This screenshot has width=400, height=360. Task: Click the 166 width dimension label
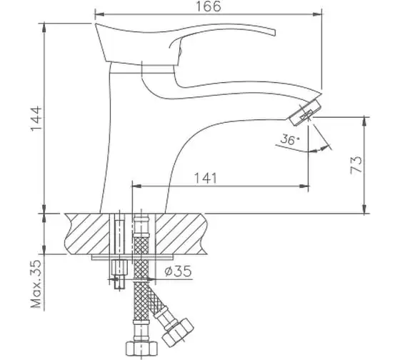(208, 6)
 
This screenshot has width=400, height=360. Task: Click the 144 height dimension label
(36, 119)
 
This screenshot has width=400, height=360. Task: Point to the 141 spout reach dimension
(206, 178)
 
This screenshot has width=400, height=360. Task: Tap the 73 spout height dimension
(356, 165)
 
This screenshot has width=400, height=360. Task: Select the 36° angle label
(289, 139)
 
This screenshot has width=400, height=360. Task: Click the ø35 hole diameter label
(178, 271)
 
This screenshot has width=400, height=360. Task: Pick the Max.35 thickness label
(36, 284)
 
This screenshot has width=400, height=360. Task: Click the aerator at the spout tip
(304, 113)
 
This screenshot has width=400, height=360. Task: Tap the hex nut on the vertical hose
(141, 349)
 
